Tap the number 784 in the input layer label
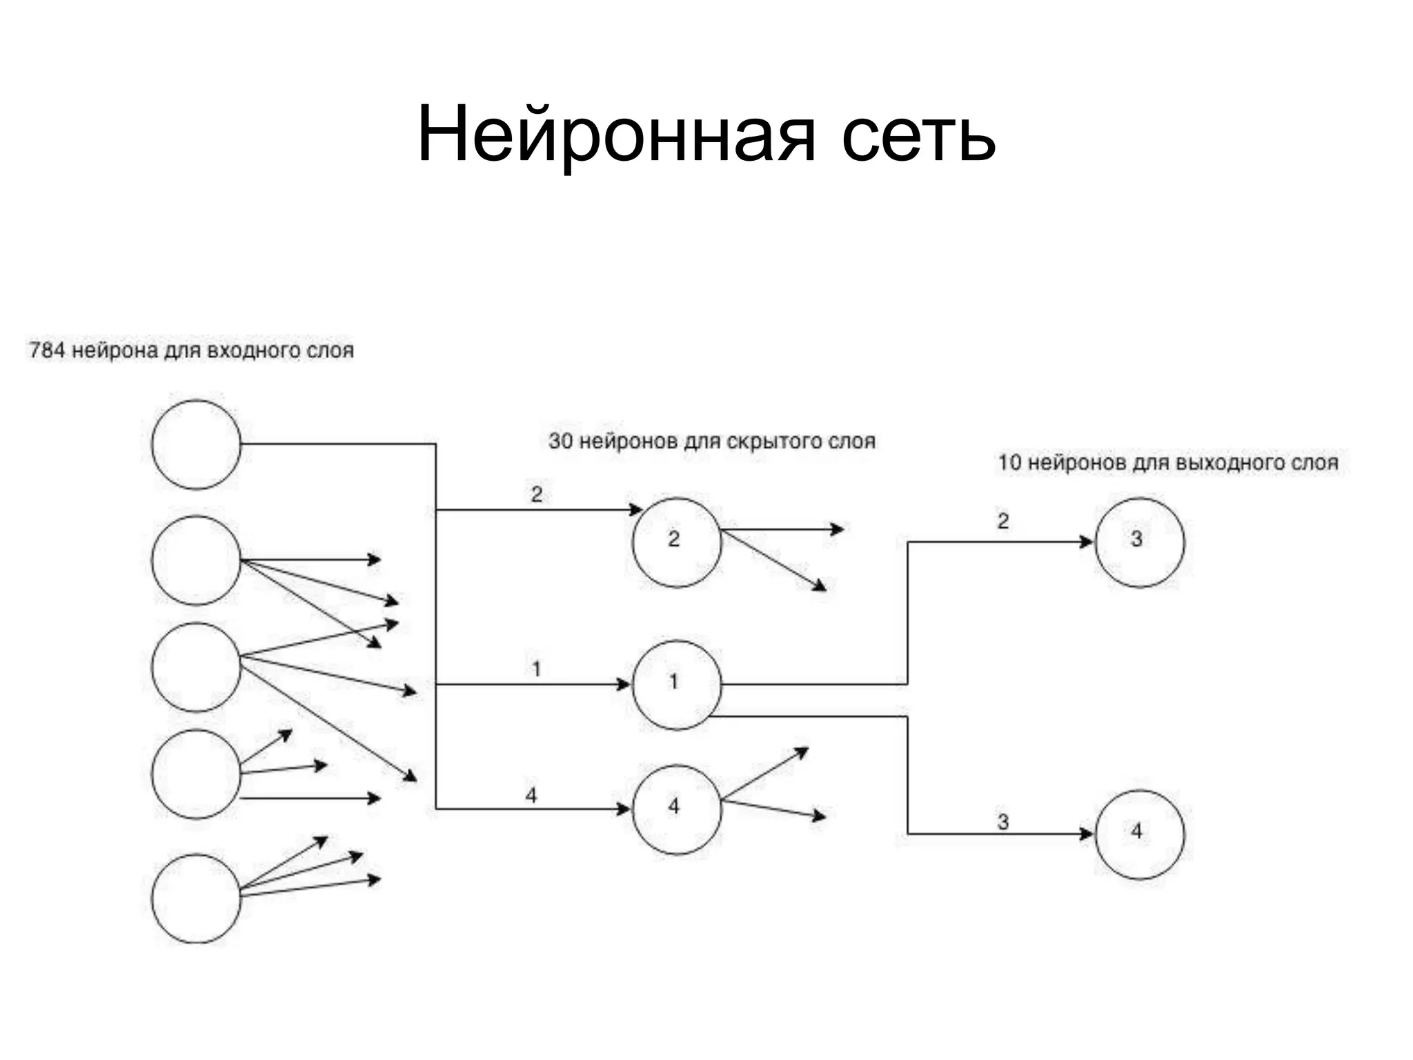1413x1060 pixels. coord(46,351)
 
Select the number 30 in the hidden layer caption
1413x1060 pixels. coord(560,441)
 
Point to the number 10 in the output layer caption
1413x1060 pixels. coord(1009,462)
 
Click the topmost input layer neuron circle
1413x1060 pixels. coord(196,444)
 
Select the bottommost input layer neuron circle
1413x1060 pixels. coord(196,899)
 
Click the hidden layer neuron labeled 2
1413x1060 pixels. coord(677,542)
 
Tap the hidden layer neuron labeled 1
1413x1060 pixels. coord(677,685)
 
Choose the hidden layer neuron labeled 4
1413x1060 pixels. coord(677,809)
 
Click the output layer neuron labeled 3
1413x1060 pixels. coord(1140,542)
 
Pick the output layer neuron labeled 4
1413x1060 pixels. coord(1140,834)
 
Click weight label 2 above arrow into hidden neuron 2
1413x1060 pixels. coord(537,494)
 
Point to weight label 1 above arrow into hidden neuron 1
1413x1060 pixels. coord(536,668)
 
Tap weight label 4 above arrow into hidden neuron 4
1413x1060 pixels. coord(531,796)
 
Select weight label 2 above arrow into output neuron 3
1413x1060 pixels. coord(1002,521)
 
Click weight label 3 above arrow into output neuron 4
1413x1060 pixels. coord(1002,821)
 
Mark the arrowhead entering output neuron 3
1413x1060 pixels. coord(1087,542)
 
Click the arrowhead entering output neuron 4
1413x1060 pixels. coord(1087,834)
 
